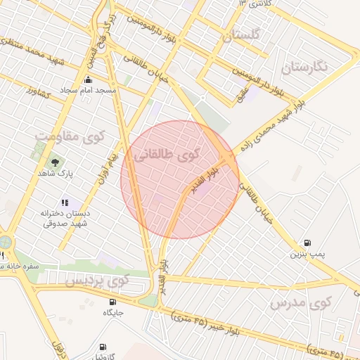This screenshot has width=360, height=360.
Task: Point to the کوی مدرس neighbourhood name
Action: pos(300,304)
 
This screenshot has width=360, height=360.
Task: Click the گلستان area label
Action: pos(240,35)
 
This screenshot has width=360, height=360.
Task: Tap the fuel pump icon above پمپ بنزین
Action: pos(307,243)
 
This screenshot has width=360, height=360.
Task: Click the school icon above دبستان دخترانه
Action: pos(65,202)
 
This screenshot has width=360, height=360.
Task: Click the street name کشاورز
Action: pos(40,92)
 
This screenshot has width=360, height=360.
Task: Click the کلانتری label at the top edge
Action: pos(255,4)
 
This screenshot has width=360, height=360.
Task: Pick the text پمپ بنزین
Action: pos(307,254)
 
